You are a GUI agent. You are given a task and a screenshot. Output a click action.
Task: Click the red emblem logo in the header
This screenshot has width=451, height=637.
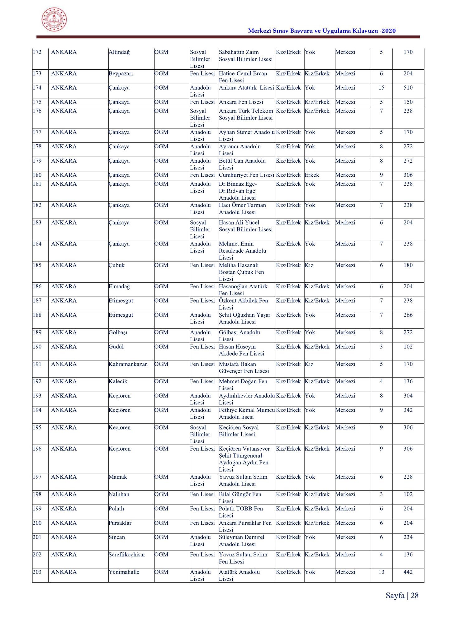[54, 20]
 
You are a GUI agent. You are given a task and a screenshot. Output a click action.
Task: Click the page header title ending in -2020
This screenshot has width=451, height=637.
[322, 30]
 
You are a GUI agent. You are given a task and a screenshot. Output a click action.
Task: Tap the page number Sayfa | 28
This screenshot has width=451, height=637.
[402, 595]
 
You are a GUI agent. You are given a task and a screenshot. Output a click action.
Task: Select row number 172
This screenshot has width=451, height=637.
[37, 52]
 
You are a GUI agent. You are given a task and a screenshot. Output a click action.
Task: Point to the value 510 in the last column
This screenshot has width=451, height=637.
[408, 88]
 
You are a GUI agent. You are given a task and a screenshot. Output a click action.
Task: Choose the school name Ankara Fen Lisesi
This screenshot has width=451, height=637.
[241, 102]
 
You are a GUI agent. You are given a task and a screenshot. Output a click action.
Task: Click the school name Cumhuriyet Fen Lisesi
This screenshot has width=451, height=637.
[246, 175]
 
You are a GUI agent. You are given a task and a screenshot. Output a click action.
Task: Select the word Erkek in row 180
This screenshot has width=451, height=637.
[312, 175]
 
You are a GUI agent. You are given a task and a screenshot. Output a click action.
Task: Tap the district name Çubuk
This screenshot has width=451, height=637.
[116, 265]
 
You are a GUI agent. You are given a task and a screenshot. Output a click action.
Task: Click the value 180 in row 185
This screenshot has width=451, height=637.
[408, 265]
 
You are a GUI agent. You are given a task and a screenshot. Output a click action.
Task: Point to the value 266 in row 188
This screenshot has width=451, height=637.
[408, 315]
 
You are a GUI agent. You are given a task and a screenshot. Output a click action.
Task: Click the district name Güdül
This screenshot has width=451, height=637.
[116, 347]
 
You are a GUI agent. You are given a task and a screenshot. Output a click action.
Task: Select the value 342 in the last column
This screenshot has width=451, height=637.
[408, 410]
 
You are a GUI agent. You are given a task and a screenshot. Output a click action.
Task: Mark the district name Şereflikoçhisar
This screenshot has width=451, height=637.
[127, 555]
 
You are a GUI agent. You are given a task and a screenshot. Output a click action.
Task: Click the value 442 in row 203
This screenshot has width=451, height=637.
[408, 572]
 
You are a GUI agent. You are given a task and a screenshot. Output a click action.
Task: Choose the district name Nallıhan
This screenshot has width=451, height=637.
[119, 494]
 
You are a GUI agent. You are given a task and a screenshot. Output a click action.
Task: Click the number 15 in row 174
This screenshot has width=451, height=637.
[381, 88]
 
